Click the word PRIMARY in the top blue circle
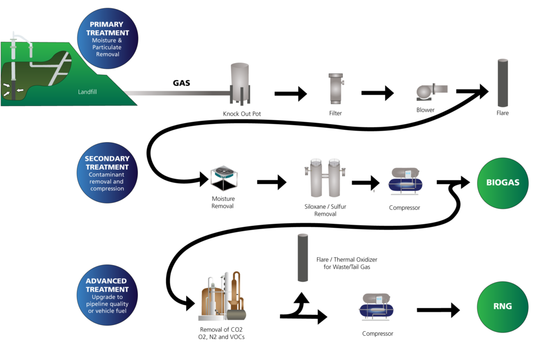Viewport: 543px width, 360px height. (x=107, y=24)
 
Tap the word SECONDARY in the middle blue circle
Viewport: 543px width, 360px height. (x=107, y=159)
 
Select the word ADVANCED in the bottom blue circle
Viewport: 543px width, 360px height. (x=107, y=281)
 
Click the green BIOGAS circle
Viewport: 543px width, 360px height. (x=503, y=183)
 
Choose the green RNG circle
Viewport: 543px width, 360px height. (x=503, y=306)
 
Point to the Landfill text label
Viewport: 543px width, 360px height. (x=87, y=92)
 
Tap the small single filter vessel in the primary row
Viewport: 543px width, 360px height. (x=336, y=88)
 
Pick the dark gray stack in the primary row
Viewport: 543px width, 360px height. (x=503, y=83)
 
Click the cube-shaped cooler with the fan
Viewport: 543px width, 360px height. (x=224, y=178)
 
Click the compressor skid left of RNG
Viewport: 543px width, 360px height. (x=376, y=307)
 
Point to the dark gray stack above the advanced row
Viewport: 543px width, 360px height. (x=303, y=258)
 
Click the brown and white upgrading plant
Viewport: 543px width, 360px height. (x=222, y=298)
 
